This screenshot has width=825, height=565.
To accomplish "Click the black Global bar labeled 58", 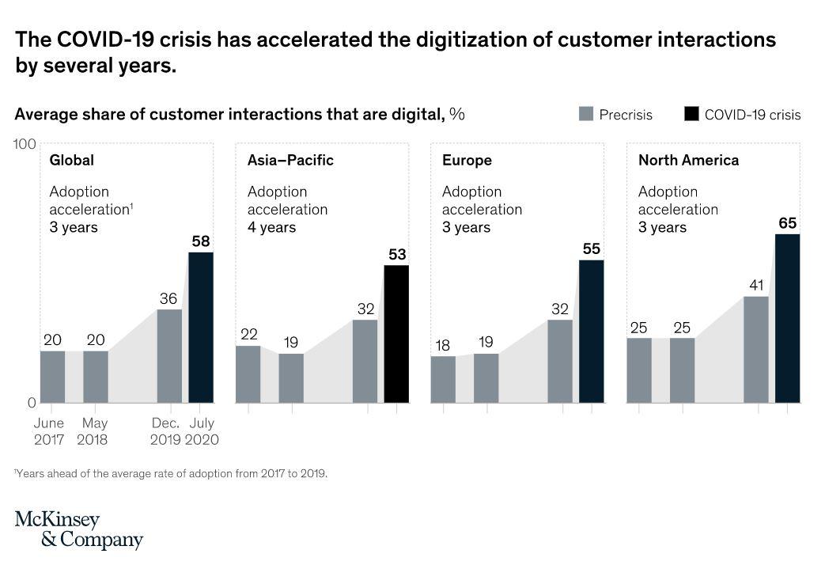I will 201,327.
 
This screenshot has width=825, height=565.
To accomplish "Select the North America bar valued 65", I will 787,318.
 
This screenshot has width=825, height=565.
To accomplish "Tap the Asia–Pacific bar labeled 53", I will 396,333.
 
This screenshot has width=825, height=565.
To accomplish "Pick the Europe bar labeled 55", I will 591,331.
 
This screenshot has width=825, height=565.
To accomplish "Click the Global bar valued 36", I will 169,355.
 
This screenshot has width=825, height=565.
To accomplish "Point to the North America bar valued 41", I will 756,349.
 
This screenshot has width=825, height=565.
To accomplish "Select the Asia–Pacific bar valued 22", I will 248,374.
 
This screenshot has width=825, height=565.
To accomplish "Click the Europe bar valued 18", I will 443,379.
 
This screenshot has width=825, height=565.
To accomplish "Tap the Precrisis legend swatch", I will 586,114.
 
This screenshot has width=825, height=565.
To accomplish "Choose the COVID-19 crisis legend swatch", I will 691,114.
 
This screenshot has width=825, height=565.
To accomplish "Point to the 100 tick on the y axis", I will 25,144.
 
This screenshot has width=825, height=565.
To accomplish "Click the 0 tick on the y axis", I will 32,402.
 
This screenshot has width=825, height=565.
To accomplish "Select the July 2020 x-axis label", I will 201,431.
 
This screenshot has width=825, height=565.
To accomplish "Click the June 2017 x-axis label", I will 49,431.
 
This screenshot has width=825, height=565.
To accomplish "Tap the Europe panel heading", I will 467,160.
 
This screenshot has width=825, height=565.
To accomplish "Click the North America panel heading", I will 688,160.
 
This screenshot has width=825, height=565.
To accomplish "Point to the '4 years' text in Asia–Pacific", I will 271,227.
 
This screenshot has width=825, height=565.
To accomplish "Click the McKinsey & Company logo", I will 79,530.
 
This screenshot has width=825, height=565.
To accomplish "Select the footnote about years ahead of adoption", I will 171,473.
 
